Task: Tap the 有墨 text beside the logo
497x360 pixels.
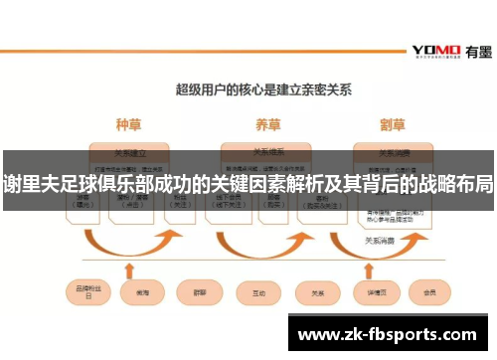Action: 473,50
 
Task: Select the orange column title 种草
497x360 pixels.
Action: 128,126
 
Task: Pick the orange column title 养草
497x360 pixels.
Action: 267,126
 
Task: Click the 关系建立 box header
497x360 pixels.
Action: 128,153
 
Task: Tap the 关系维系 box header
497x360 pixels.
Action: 267,153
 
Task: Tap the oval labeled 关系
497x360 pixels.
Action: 317,294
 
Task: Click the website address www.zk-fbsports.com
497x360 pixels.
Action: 388,335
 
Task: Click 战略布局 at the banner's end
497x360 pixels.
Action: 456,184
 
